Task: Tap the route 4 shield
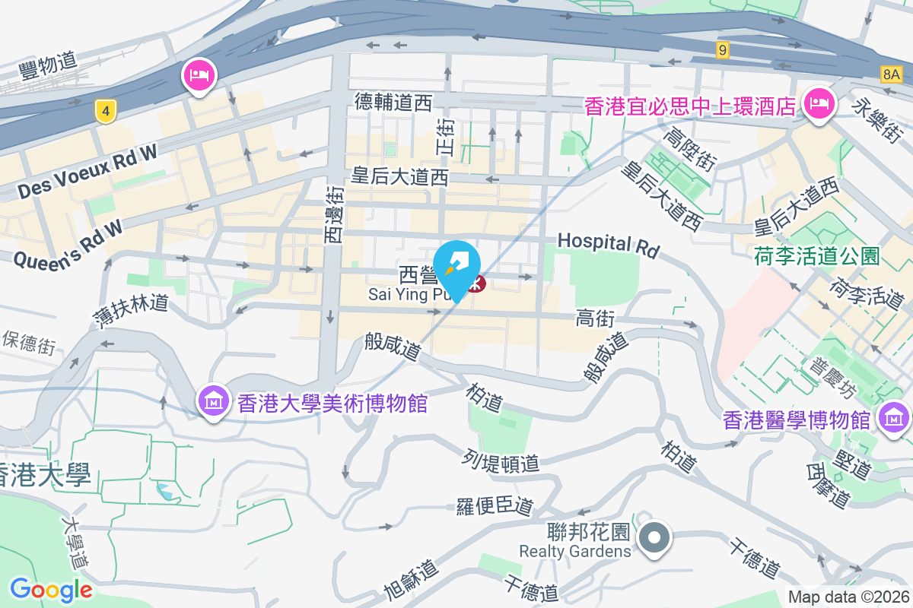point(106,111)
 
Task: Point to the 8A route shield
point(892,74)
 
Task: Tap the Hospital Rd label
point(608,243)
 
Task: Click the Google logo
point(51,589)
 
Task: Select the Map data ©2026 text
point(848,597)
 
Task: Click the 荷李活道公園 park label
point(816,255)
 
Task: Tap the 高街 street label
point(594,318)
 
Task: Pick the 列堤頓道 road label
point(501,461)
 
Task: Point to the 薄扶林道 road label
point(130,302)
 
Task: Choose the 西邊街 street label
point(333,216)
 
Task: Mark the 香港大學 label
point(46,476)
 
